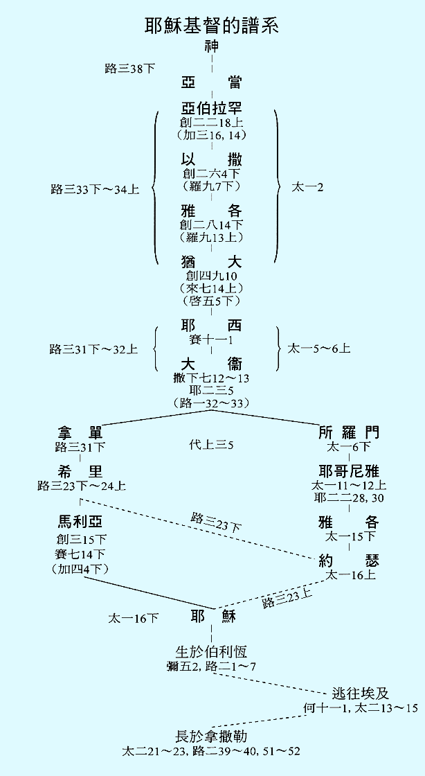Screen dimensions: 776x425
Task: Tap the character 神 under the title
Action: (212, 47)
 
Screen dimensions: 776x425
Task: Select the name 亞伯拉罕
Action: (212, 109)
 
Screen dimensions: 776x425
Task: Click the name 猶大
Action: (212, 262)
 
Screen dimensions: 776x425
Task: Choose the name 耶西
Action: (212, 326)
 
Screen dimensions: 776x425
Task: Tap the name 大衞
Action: (212, 364)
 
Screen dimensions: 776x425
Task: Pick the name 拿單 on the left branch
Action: (80, 433)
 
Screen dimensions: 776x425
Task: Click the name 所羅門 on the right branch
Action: (349, 433)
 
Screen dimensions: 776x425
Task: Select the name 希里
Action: (80, 471)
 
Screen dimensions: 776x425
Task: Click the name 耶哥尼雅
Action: (349, 471)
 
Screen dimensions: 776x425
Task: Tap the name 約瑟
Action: (349, 561)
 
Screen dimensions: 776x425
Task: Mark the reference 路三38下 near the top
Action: (129, 68)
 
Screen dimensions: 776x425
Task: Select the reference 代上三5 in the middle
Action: (211, 444)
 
